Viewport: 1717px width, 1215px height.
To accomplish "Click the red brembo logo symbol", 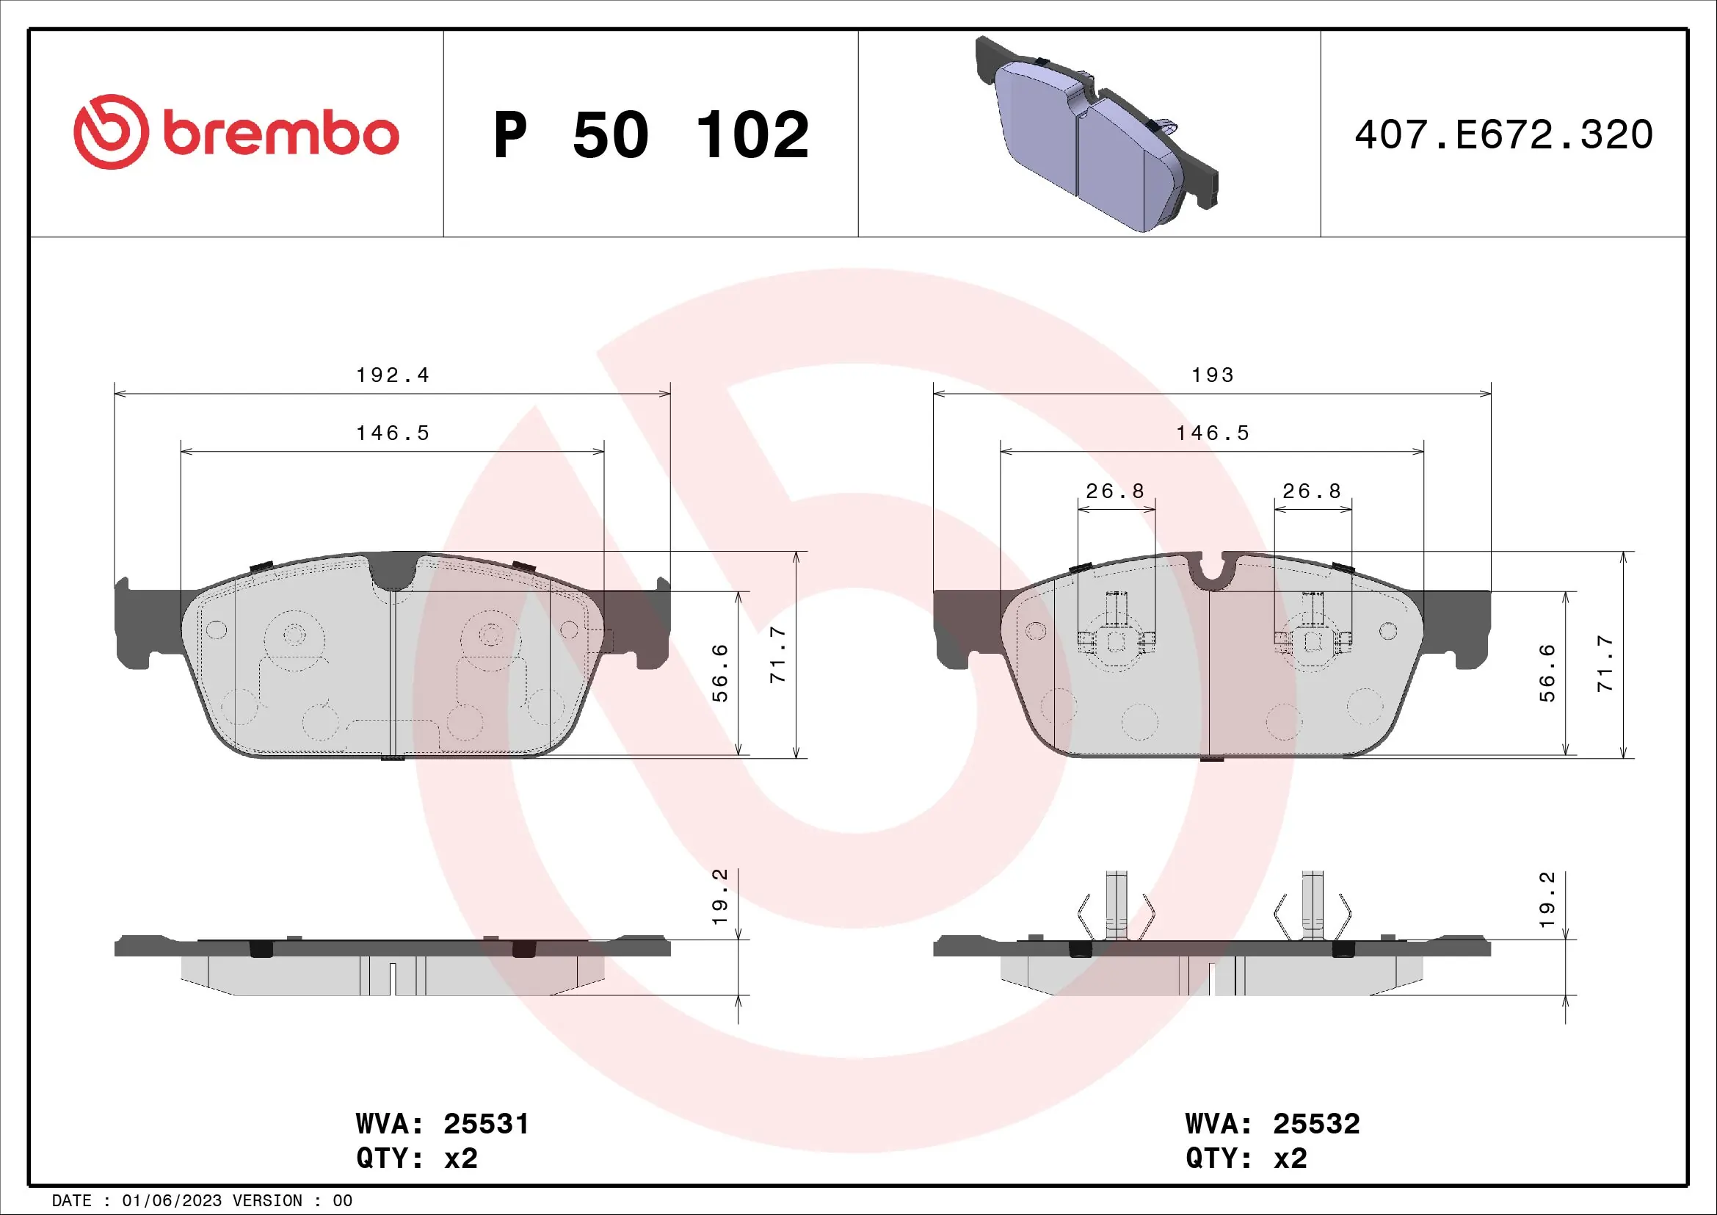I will (111, 132).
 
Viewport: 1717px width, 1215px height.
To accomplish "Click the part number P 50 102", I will (650, 135).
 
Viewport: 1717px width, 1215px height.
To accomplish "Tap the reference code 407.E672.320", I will (1503, 135).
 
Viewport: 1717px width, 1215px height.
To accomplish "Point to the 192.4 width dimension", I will (393, 375).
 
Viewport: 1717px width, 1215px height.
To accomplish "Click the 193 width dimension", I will (1212, 375).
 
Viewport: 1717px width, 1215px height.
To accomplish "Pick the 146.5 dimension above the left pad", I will (393, 433).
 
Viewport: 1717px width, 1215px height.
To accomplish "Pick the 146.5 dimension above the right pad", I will (1212, 433).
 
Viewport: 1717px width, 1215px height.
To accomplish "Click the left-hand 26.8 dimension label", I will (1115, 491).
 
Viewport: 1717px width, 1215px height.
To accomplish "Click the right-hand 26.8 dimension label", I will (1312, 491).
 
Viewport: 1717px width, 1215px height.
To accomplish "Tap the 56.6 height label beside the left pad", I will (720, 673).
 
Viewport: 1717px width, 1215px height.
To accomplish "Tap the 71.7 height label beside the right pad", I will (1605, 663).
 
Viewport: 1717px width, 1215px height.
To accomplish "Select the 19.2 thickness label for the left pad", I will (720, 897).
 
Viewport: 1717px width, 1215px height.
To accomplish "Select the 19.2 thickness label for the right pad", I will (1547, 899).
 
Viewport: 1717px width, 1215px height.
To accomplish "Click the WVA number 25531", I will (486, 1124).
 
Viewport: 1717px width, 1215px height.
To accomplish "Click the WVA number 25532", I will (1316, 1124).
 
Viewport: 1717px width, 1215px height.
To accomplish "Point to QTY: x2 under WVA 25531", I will (416, 1158).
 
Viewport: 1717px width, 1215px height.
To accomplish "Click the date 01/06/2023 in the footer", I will (171, 1201).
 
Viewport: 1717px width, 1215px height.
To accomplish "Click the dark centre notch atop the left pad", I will (393, 572).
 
